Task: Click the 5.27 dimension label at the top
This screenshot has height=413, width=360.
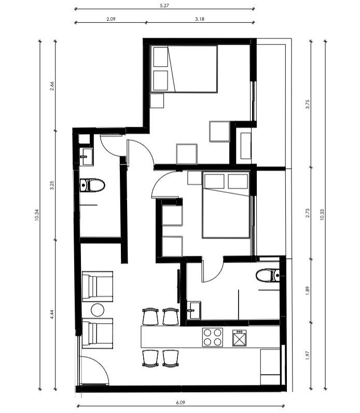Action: coord(164,5)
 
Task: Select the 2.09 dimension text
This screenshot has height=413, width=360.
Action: coord(111,19)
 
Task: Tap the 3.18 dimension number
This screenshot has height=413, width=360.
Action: coord(200,19)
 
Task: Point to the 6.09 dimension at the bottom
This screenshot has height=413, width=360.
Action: coord(181,403)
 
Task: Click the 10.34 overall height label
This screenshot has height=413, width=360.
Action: coord(37,215)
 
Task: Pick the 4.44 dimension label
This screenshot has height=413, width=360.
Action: coord(52,314)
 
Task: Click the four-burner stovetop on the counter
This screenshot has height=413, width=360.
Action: coord(213,337)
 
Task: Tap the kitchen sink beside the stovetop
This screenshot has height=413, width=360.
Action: coord(239,338)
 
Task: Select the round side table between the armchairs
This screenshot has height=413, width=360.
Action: coord(98,310)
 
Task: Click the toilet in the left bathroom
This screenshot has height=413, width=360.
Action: coord(92,185)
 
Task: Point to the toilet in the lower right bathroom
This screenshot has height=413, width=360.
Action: coord(268,276)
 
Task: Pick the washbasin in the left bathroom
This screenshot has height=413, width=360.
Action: coord(87,157)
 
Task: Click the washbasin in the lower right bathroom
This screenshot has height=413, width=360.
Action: coord(194,310)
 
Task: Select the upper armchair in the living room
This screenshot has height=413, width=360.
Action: coord(98,286)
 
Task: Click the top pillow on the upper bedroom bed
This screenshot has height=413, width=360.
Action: coord(161,57)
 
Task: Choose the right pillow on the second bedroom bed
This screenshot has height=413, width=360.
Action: coord(238,181)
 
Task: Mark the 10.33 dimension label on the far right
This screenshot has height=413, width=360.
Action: coord(322,215)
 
